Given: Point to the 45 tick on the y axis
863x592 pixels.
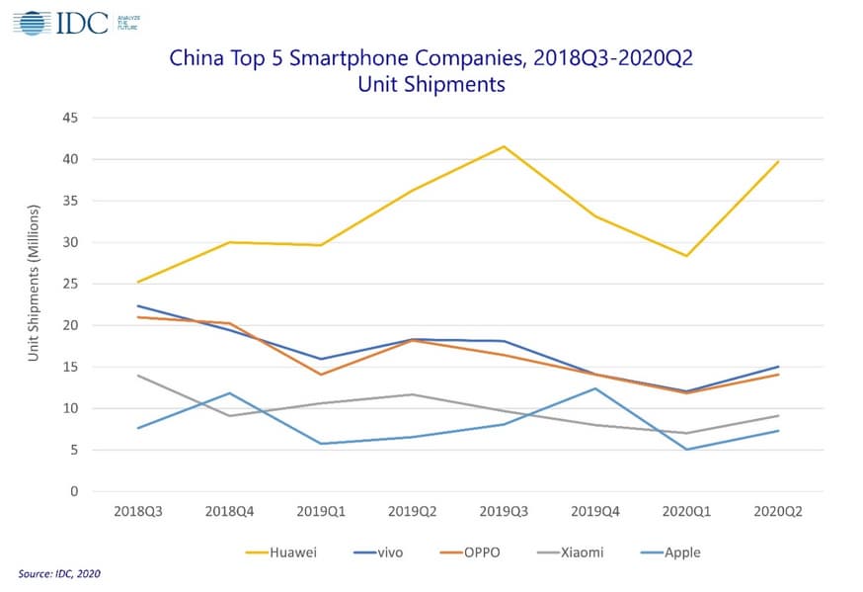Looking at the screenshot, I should (71, 118).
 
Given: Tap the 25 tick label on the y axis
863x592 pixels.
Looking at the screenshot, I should (71, 284).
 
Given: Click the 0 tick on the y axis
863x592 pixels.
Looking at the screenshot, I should (75, 491).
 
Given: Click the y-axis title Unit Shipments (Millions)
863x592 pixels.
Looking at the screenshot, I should (34, 283).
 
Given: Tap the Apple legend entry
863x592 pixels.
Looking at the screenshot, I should (682, 551).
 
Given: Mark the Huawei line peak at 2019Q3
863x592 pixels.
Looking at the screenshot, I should (504, 146).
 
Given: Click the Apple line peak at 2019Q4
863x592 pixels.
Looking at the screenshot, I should (595, 388).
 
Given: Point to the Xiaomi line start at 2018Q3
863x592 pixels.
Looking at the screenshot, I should (137, 376).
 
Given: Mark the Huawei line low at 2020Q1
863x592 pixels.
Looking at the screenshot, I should (687, 256).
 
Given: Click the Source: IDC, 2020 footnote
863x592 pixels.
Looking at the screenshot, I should (59, 573).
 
